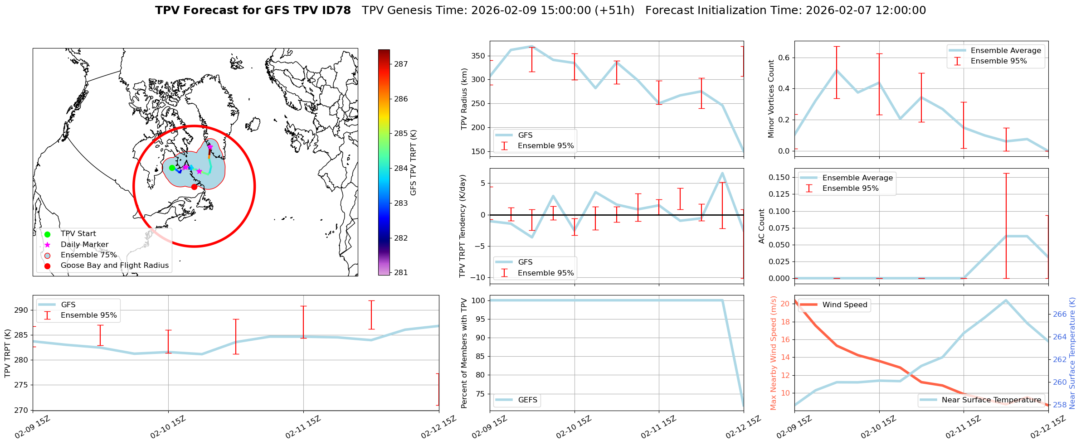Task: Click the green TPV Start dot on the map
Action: coord(172,168)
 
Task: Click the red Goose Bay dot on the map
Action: coord(194,187)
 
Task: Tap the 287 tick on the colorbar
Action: coord(401,64)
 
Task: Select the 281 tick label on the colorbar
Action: coord(401,273)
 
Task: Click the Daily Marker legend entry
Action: coord(84,245)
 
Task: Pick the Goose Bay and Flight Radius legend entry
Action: coord(114,266)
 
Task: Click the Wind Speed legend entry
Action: coord(844,305)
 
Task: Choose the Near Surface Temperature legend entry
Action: coord(991,400)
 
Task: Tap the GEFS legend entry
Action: coord(527,400)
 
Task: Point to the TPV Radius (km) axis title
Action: coord(464,99)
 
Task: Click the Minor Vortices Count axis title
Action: coord(771,99)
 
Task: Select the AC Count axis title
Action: coord(762,226)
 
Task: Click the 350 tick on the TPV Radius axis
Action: coord(478,56)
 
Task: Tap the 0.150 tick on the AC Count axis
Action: coord(779,177)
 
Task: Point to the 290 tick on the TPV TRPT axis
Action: coord(22,310)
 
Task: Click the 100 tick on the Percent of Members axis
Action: coord(478,300)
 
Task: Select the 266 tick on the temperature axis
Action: coord(1060,314)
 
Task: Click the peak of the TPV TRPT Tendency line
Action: coord(722,173)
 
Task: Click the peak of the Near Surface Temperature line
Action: coord(1006,300)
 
